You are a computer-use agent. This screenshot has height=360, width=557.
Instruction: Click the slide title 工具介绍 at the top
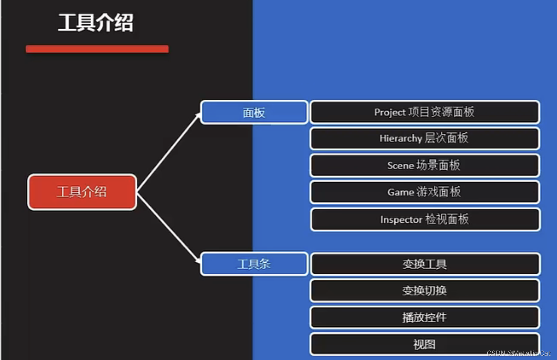click(95, 22)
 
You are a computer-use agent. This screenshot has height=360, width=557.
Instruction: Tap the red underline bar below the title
click(97, 49)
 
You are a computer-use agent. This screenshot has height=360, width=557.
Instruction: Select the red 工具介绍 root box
click(82, 192)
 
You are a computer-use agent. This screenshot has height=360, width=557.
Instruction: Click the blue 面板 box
click(254, 113)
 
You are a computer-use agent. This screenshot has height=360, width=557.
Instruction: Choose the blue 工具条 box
click(254, 264)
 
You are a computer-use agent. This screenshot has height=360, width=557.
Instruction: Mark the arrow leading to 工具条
click(169, 228)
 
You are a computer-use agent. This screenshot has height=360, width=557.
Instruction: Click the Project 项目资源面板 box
click(424, 112)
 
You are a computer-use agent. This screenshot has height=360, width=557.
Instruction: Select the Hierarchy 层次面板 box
click(424, 139)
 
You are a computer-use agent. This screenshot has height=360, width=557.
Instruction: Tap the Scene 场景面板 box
click(424, 165)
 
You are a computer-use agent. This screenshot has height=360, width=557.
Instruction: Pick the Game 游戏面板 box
click(424, 192)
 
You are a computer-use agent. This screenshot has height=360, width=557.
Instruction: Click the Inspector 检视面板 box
click(424, 219)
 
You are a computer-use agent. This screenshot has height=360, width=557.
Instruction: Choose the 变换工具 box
click(424, 264)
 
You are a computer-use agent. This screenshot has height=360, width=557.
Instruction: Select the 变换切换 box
click(424, 291)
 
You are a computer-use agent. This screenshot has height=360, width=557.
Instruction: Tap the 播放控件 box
click(424, 318)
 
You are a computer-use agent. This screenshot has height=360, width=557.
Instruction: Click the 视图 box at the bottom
click(424, 344)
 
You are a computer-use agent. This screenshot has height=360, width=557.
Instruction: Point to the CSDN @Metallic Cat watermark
click(519, 353)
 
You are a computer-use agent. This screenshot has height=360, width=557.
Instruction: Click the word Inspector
click(401, 220)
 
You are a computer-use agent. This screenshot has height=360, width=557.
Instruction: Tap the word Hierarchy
click(400, 139)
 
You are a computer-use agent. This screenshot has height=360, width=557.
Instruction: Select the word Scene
click(400, 165)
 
